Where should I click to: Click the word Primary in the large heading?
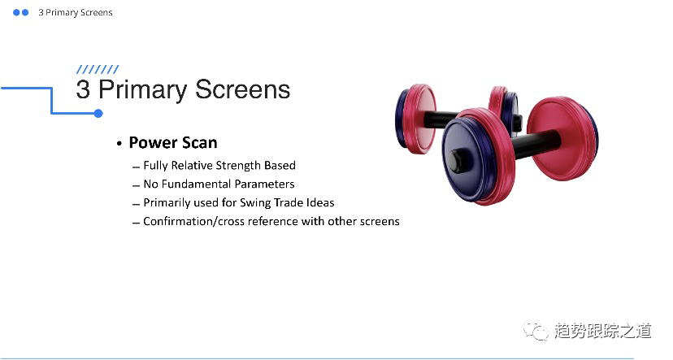point(143,90)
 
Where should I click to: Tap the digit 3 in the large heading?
point(83,89)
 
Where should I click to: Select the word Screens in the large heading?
point(242,89)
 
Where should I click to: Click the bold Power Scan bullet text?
point(173,142)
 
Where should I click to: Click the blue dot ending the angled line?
point(98,113)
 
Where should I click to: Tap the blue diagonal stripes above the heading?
point(98,70)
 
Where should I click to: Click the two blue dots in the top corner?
point(20,12)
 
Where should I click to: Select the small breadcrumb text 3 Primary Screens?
point(75,13)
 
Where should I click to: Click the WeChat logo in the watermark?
point(535,330)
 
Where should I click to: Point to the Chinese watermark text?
point(602,331)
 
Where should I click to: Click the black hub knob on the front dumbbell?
point(457,161)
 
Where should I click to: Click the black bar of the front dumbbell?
point(536,144)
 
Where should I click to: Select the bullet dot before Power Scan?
point(119,143)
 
